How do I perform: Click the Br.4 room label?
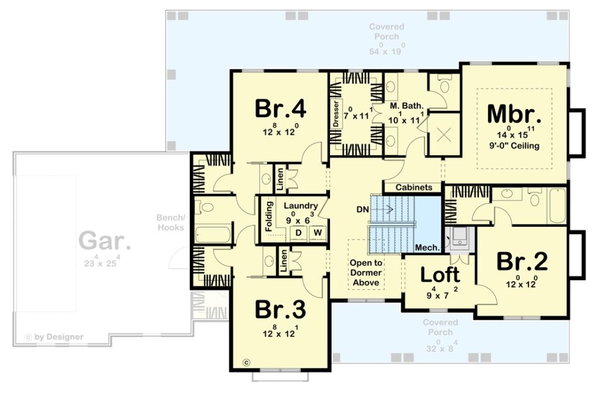tap(280, 109)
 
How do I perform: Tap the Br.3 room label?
tap(280, 309)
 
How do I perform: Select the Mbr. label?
tap(514, 114)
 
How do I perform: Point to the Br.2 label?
tap(521, 261)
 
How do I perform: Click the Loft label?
tap(440, 274)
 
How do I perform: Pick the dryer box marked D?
tap(298, 233)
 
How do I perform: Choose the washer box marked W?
tap(318, 233)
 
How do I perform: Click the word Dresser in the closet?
tap(336, 114)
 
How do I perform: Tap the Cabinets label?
tap(414, 187)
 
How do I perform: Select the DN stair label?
tap(363, 210)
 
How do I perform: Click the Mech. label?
tap(427, 247)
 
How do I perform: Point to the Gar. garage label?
tap(105, 241)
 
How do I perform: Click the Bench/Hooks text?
tap(171, 223)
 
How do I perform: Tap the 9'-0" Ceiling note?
tap(514, 146)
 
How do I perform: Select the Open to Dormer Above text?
tap(366, 273)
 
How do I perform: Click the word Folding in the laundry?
tap(269, 216)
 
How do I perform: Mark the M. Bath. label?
tap(406, 106)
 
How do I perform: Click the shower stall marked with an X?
tap(444, 134)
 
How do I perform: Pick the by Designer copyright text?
tap(54, 337)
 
